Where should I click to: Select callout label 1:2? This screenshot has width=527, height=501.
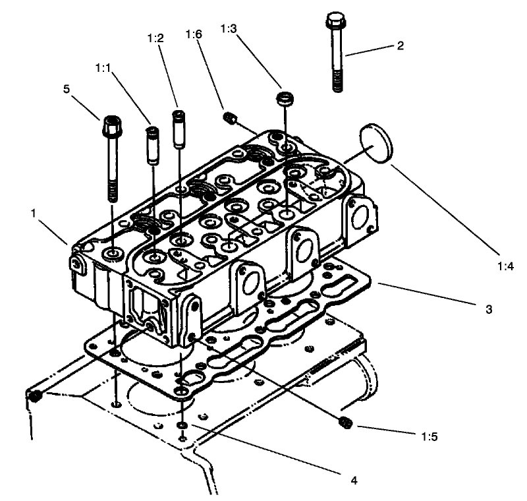click(155, 40)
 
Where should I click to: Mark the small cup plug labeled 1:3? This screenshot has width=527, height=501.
click(284, 100)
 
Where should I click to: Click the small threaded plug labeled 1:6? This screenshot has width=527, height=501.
click(231, 118)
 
